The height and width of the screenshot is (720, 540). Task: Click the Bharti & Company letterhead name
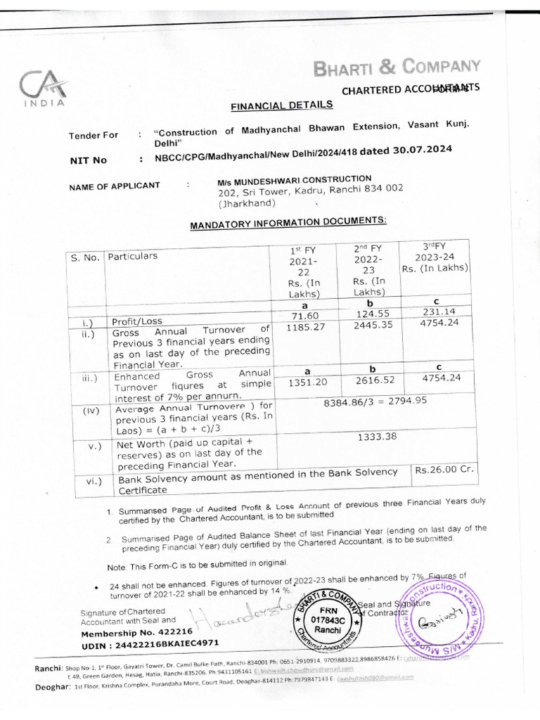pyautogui.click(x=397, y=68)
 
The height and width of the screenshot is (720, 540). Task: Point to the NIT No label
pyautogui.click(x=89, y=160)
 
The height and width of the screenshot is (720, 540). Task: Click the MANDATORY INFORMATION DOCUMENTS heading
pyautogui.click(x=288, y=223)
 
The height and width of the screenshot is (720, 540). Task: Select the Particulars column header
pyautogui.click(x=133, y=256)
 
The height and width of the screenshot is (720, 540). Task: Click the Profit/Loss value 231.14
pyautogui.click(x=437, y=312)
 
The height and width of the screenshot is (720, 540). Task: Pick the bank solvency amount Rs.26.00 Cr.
pyautogui.click(x=440, y=470)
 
